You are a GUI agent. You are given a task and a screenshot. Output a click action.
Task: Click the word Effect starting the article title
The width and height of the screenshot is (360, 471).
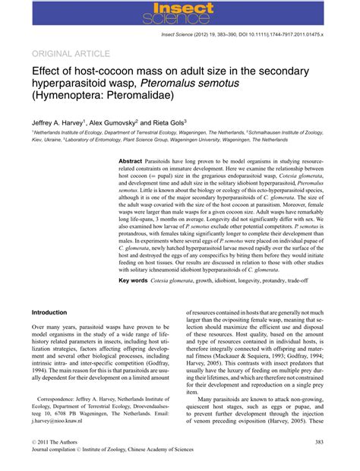click(47, 72)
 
